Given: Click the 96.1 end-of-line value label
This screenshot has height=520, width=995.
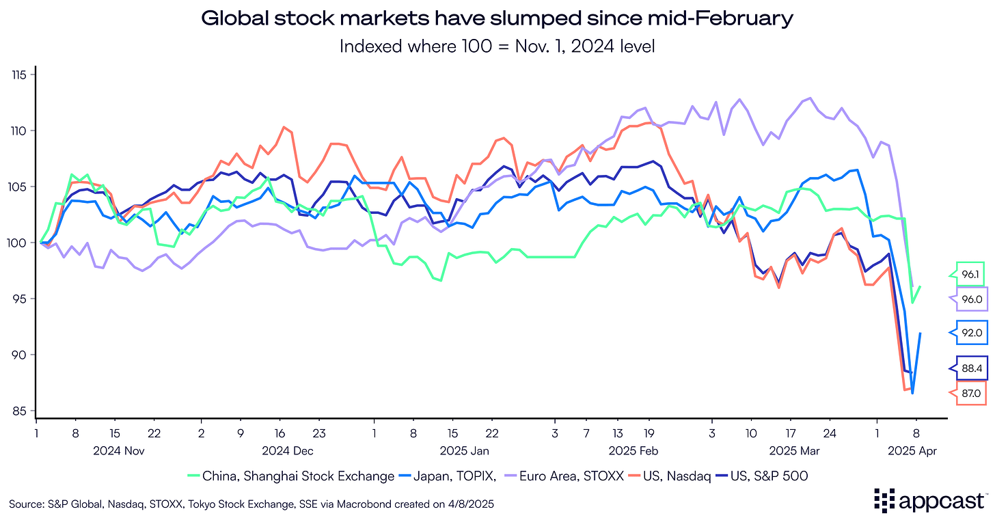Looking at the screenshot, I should [x=969, y=273].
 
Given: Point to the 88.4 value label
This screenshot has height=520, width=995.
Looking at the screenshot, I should [x=969, y=368].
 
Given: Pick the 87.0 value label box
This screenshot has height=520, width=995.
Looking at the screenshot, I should [x=969, y=393].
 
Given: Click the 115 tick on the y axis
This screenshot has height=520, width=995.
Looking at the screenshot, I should [x=18, y=74].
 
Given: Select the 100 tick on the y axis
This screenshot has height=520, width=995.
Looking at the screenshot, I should [x=18, y=243].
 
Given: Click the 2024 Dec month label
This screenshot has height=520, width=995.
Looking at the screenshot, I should [x=288, y=450].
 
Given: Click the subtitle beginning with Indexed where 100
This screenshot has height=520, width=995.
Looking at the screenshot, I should [x=497, y=46].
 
